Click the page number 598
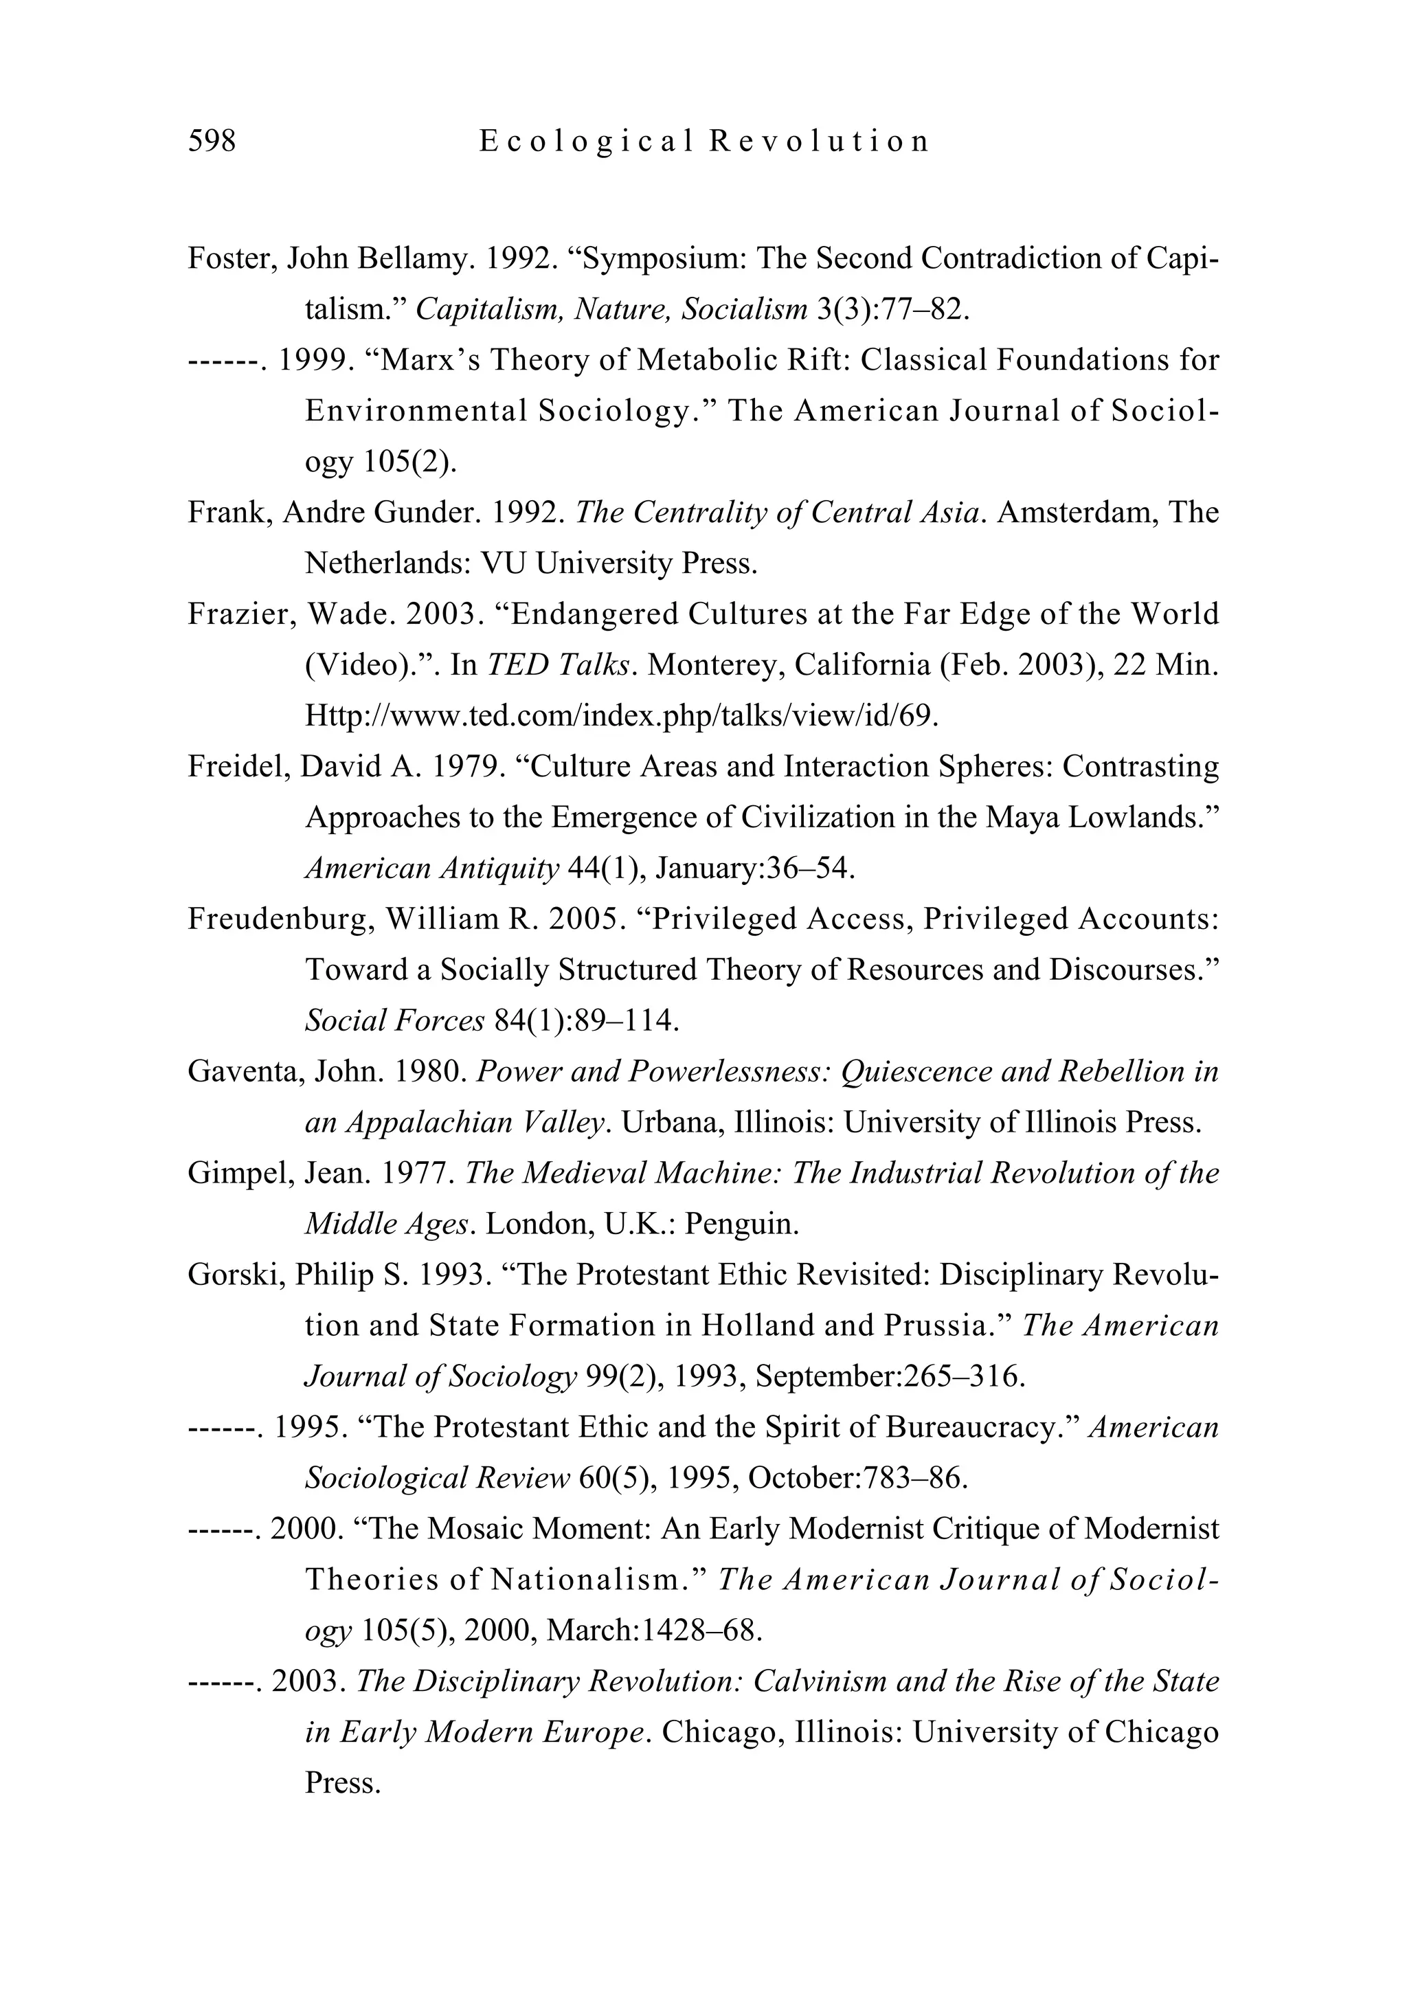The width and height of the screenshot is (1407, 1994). pyautogui.click(x=211, y=141)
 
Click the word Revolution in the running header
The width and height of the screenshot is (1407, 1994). pyautogui.click(x=819, y=141)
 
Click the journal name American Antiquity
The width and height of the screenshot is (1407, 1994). pyautogui.click(x=431, y=869)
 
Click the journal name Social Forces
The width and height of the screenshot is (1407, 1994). pyautogui.click(x=394, y=1021)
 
